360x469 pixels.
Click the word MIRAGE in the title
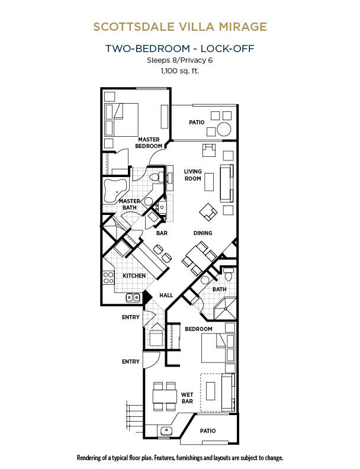[x=243, y=27]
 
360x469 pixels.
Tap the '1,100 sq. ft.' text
[x=179, y=71]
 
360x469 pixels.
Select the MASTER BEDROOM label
[x=149, y=143]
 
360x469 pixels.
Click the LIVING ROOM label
[x=193, y=175]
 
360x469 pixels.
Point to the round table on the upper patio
[x=224, y=129]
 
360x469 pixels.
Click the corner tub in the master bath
[x=115, y=190]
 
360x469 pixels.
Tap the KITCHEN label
[x=134, y=275]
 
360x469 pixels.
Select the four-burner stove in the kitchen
[x=108, y=277]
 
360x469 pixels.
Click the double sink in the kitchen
[x=133, y=297]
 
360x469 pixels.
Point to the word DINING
[x=202, y=233]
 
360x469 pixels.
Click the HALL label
[x=166, y=295]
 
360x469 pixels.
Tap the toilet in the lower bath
[x=229, y=274]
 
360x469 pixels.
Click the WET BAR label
[x=187, y=398]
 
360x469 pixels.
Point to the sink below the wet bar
[x=166, y=431]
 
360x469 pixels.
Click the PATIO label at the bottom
[x=208, y=431]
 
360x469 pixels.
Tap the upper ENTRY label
[x=131, y=317]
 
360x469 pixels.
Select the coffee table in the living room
[x=209, y=182]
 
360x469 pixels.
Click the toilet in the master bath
[x=157, y=176]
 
